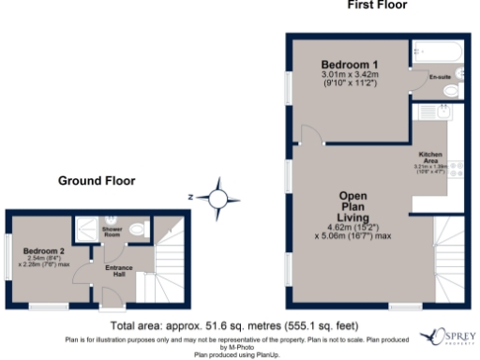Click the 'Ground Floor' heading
coord(97,180)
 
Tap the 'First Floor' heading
coord(377,5)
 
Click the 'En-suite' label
coord(439,75)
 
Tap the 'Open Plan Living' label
coord(358,207)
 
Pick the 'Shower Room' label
coord(113,231)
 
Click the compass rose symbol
coord(218,198)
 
